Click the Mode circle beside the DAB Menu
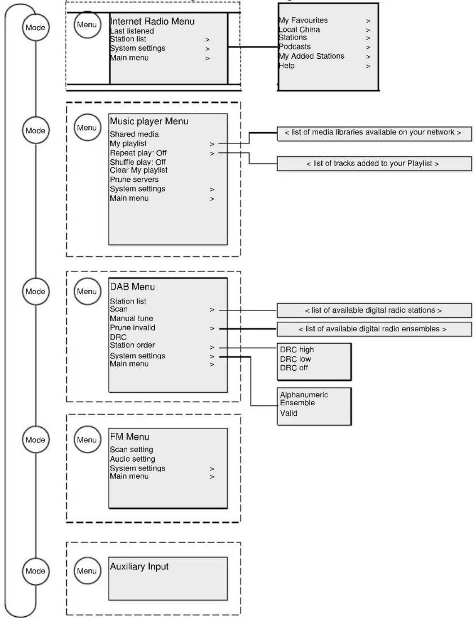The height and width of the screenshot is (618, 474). pos(36,291)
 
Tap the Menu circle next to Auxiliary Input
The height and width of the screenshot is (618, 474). pos(87,571)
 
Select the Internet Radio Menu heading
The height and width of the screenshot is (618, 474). pos(152,21)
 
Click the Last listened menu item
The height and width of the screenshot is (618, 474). pos(132,31)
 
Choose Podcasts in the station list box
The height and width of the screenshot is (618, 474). pos(295,46)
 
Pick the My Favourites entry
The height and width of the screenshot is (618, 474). pos(303,20)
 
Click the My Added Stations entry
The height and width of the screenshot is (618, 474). pos(311,56)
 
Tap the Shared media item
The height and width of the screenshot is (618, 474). pos(134,134)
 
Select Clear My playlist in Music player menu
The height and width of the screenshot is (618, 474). pos(138,170)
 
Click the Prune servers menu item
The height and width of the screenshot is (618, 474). pos(134,180)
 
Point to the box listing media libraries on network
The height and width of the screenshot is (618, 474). pos(374,134)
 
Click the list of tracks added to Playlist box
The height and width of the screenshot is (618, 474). pos(374,164)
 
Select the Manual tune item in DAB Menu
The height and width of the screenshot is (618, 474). pos(132,318)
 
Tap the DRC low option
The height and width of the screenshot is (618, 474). pos(296,359)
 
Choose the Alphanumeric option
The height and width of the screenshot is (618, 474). pos(304,395)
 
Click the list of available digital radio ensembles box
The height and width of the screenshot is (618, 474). pos(374,329)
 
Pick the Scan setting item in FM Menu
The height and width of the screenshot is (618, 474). pos(132,449)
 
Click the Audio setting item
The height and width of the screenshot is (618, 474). pos(132,459)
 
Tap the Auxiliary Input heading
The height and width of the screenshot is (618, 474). pos(140,566)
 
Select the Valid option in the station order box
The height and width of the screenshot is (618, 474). pos(289,413)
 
